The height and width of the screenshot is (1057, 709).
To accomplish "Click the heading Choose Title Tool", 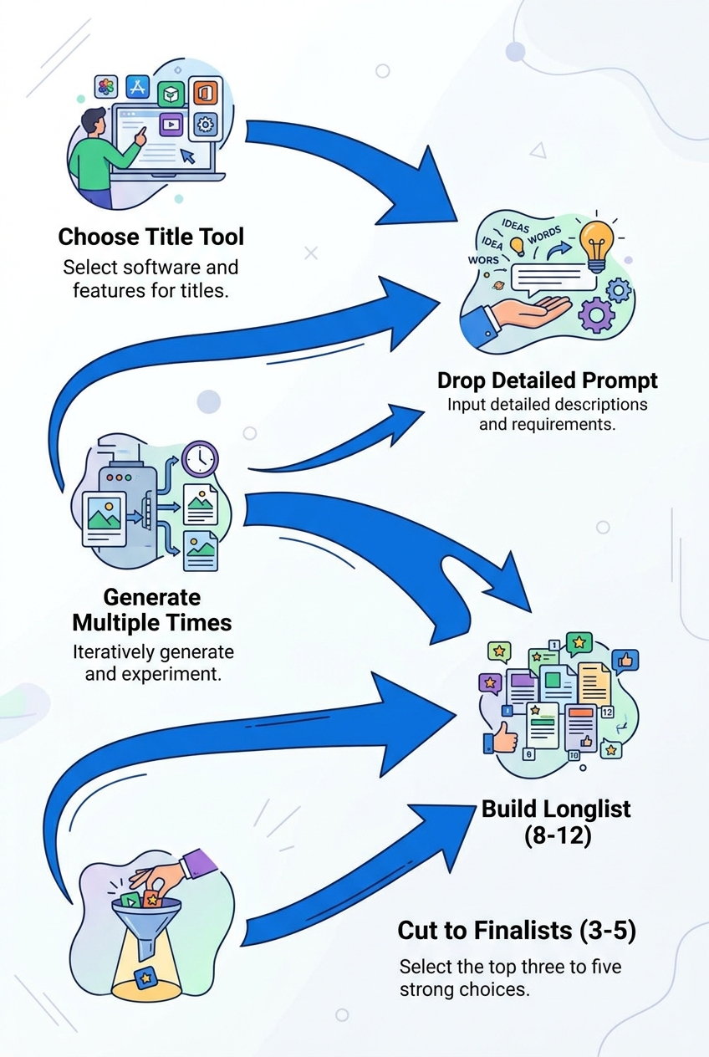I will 151,237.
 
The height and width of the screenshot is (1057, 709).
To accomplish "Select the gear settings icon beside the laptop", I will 204,125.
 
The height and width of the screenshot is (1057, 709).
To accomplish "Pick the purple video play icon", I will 171,125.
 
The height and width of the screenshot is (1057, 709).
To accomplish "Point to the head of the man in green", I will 94,120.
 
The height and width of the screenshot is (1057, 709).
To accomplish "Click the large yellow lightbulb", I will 596,243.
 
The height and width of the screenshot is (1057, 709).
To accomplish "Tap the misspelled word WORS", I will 483,260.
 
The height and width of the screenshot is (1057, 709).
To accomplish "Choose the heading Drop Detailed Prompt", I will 548,380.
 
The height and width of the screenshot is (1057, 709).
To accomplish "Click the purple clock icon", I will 200,459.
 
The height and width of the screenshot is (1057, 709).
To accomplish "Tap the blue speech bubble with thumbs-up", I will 626,661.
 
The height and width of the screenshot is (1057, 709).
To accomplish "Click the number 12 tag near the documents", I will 608,712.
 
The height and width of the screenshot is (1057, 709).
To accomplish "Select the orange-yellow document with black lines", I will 594,683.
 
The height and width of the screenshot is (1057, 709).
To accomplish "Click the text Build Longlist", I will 556,809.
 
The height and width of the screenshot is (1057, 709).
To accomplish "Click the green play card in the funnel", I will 132,900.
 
